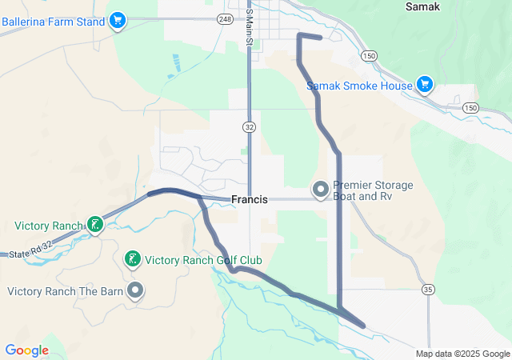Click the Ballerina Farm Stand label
tap(53, 22)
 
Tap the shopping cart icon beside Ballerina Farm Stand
tap(118, 19)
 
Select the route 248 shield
tap(224, 18)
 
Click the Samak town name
tap(423, 6)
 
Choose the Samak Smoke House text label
tap(360, 86)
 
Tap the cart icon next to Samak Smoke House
tap(425, 84)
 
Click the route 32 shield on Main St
tap(250, 126)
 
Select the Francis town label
tap(249, 200)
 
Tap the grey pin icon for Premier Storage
tap(320, 190)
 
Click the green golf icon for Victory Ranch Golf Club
tap(132, 258)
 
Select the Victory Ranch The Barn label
tap(66, 291)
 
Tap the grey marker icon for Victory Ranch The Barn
tap(136, 290)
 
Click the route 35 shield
tap(429, 289)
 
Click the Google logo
tap(26, 350)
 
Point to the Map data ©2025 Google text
tap(462, 354)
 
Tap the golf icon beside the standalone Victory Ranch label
tap(95, 225)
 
